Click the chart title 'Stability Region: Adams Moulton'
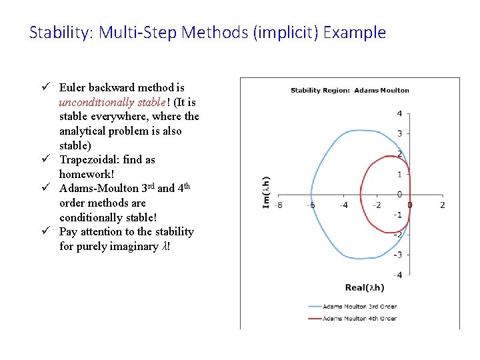(x=350, y=90)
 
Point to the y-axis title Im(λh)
(x=267, y=192)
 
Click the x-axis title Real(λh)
(x=365, y=287)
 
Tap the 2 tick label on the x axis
(x=442, y=205)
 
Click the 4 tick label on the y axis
(x=399, y=113)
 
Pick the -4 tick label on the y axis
(x=398, y=275)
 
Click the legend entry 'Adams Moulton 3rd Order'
(x=359, y=307)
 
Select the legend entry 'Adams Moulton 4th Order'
(x=359, y=318)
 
